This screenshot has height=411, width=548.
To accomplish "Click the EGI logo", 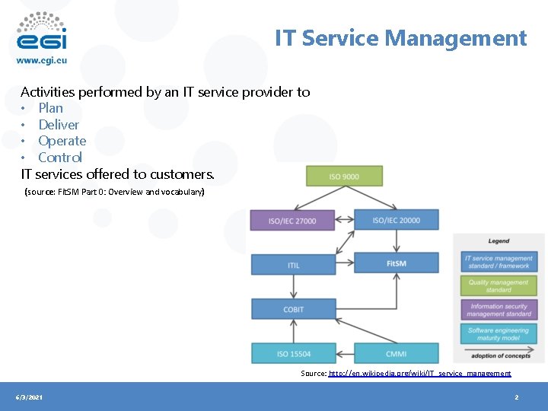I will pos(41,30).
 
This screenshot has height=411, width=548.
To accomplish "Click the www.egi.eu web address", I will pos(41,61).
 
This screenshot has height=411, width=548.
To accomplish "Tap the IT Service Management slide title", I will pos(400,38).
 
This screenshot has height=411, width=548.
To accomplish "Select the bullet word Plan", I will pos(50,108).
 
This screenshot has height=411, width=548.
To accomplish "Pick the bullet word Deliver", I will pos(59,125).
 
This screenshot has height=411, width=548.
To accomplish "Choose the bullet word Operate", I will pos(62,141).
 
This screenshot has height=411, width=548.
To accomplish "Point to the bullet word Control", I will pos(60,158).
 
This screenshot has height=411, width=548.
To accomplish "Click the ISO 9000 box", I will pos(344,176).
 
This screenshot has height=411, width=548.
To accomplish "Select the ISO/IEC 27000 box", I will pos(292,221).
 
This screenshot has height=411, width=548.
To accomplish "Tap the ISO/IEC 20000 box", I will pos(396,220).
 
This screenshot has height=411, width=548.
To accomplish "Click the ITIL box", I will pos(294,265).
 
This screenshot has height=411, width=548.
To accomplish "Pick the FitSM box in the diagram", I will pos(396,263).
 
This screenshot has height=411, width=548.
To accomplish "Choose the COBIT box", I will pos(294,309).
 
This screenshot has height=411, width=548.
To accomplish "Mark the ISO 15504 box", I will pos(294,353).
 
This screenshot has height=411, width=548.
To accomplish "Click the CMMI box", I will pos(396,353).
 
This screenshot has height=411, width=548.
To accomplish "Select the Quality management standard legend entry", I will pos(499,285).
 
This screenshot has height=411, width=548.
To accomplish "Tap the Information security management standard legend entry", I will pos(499,310).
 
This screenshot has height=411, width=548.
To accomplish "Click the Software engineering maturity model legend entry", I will pos(499,334).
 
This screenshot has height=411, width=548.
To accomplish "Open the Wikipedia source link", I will pos(419,374).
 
